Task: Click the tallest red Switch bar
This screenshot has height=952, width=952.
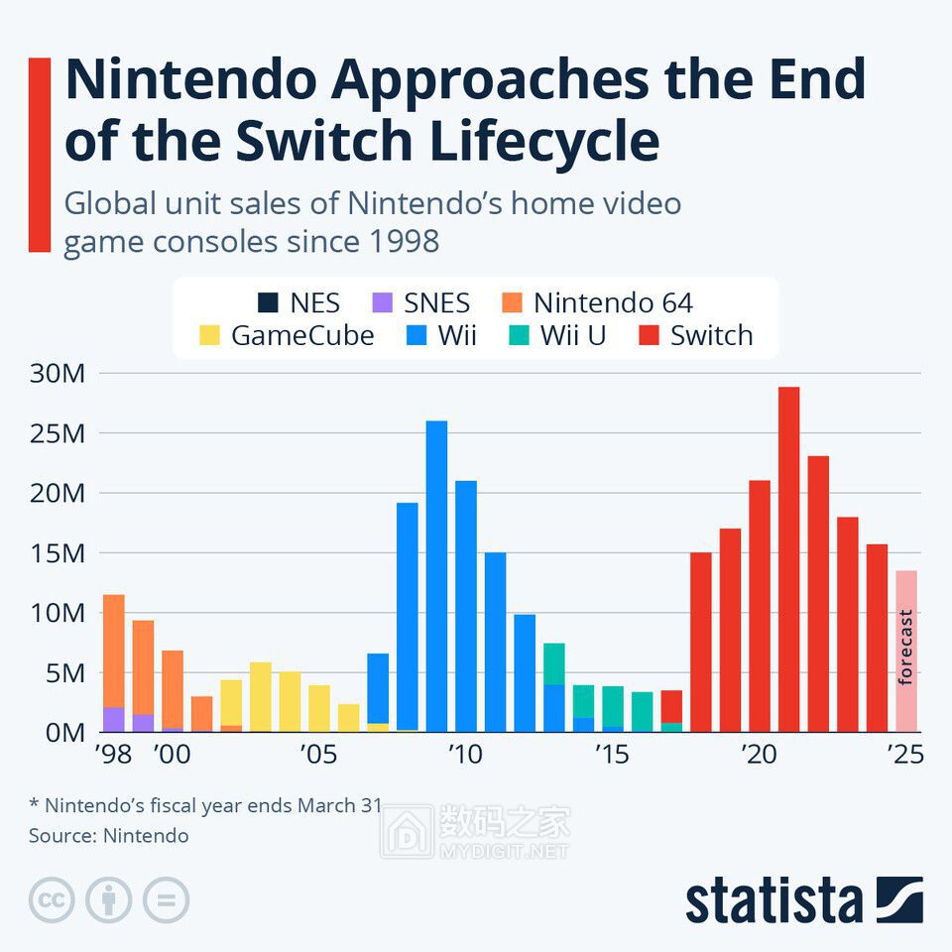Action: coord(788,559)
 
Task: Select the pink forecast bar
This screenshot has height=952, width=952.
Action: coord(906,652)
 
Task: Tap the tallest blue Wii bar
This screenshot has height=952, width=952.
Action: coord(436,576)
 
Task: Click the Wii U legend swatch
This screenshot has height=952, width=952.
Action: coord(519,335)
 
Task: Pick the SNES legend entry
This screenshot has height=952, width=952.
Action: coord(420,302)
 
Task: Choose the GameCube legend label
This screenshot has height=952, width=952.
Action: coord(302,335)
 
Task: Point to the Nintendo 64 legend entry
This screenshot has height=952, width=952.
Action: coord(597,302)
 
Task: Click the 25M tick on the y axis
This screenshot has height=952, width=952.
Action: coord(58,433)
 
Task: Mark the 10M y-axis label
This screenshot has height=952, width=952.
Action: coord(58,613)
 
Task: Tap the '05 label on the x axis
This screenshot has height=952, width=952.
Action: coord(318,755)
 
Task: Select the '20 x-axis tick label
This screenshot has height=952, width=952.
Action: coord(759,755)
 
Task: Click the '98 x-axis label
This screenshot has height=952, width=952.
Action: coord(113,755)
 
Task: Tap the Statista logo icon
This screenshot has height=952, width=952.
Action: coord(899,899)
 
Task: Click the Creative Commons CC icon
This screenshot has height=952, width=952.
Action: coord(52,899)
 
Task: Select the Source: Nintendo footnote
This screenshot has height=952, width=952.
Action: coord(109,836)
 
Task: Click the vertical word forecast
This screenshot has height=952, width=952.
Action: coord(905,648)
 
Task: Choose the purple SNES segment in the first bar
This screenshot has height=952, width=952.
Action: coord(113,720)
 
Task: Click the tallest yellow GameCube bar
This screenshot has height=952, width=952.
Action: coord(261,697)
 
